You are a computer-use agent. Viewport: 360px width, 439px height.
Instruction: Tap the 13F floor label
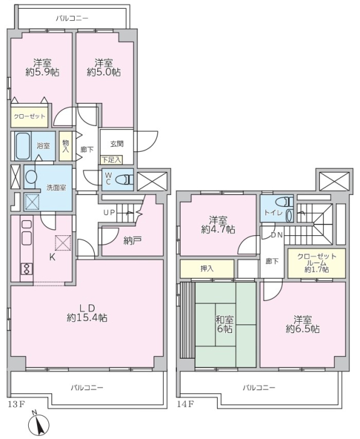(x=16, y=404)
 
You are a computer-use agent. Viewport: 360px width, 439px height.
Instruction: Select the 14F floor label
(x=186, y=404)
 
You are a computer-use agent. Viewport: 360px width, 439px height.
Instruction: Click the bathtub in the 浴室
(x=23, y=146)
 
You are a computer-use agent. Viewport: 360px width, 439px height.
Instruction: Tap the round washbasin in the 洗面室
(x=31, y=177)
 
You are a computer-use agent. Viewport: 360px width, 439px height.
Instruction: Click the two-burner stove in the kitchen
(x=27, y=269)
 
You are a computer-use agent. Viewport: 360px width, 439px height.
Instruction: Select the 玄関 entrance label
(x=117, y=144)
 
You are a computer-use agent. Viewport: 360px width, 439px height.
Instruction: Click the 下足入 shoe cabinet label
(x=112, y=160)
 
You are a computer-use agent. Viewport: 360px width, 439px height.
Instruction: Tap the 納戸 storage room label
(x=132, y=240)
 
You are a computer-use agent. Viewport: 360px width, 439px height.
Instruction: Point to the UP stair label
(x=109, y=213)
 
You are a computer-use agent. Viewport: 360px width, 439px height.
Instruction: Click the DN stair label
(x=277, y=235)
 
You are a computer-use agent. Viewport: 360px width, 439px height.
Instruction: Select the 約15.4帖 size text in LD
(x=87, y=318)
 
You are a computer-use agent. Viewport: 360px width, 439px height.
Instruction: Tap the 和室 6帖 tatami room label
(x=225, y=324)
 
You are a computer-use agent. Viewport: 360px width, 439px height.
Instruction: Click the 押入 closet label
(x=207, y=269)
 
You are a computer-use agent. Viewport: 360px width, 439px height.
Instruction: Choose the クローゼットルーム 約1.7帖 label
(x=317, y=263)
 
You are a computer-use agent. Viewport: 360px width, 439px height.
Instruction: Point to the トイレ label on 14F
(x=273, y=213)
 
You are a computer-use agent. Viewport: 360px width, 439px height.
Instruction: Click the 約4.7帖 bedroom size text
(x=218, y=230)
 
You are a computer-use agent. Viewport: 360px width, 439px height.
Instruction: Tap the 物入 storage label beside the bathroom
(x=66, y=146)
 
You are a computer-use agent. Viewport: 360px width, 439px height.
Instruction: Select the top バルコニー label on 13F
(x=72, y=19)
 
